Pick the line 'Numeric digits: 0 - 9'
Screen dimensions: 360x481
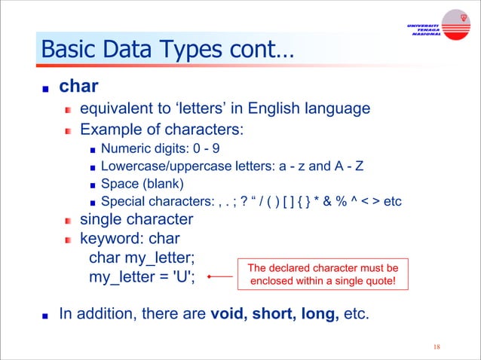tap(155, 148)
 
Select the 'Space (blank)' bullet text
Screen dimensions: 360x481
tap(142, 183)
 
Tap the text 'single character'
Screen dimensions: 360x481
tap(136, 220)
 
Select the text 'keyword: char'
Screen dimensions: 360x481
tap(130, 239)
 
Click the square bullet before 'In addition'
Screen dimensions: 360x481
tap(47, 313)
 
